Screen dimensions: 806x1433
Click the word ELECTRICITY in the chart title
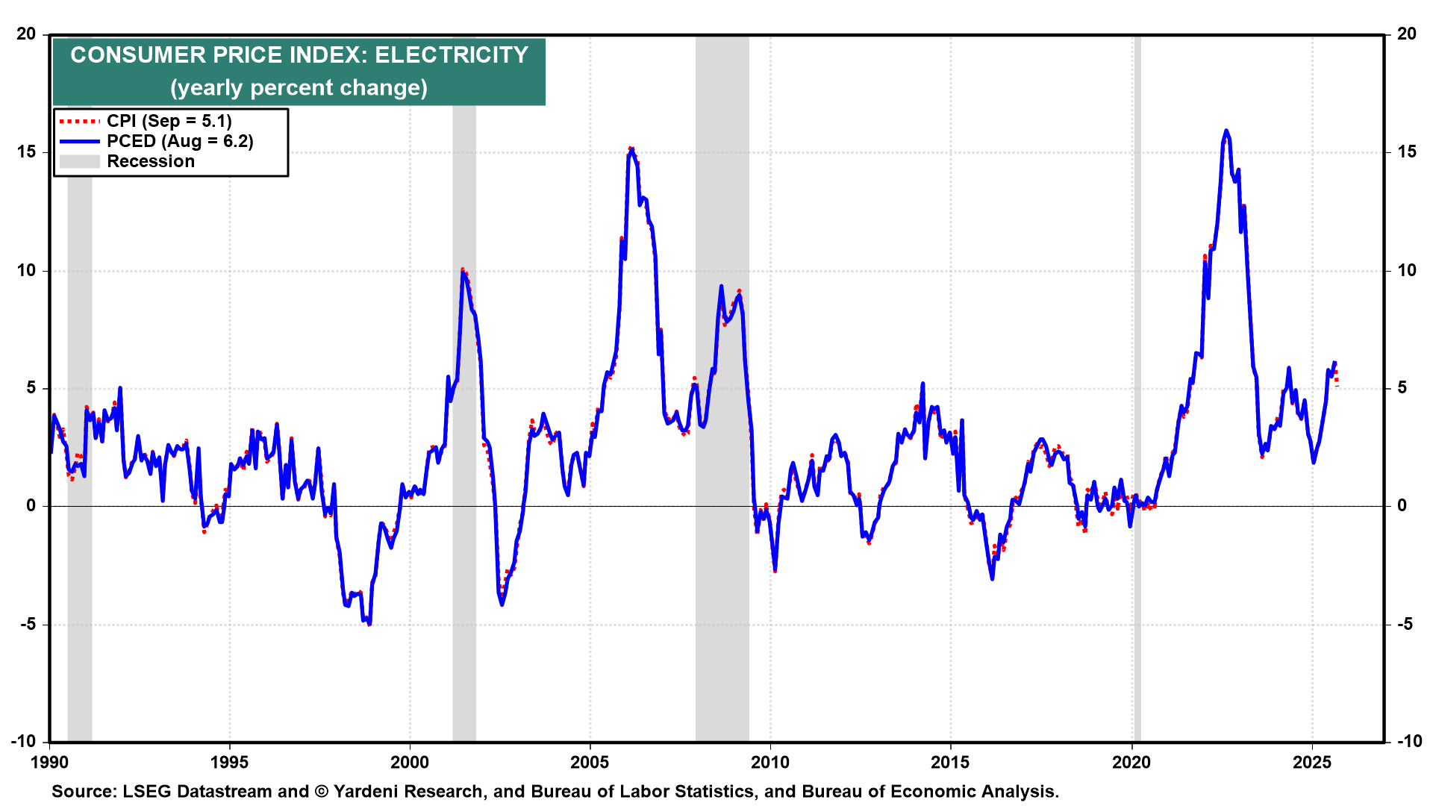(452, 55)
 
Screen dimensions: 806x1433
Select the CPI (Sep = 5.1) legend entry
(169, 121)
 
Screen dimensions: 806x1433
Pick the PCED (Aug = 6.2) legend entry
(179, 141)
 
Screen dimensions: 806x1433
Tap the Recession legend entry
(150, 161)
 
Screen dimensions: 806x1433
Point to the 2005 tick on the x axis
(590, 762)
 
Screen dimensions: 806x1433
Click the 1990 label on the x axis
(49, 762)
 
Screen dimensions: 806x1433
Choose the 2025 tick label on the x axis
(1312, 762)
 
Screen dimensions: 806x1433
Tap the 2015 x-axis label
(950, 762)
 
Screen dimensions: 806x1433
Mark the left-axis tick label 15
(27, 151)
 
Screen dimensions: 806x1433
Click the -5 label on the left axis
(27, 624)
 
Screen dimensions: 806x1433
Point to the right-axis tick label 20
(1406, 34)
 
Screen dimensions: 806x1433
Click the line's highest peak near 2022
(1226, 131)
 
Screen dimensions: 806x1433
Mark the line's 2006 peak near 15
(631, 149)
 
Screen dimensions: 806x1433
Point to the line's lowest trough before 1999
(369, 623)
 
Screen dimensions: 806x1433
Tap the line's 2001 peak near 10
(463, 270)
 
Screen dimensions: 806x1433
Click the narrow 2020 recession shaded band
(1137, 373)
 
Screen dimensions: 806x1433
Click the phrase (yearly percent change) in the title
(299, 88)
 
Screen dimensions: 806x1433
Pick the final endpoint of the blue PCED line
(1334, 363)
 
